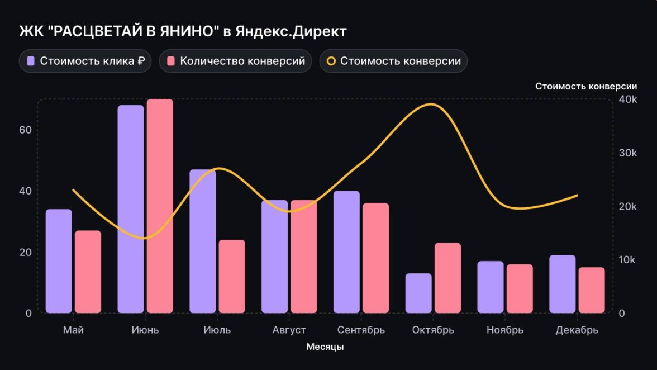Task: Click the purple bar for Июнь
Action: (x=131, y=209)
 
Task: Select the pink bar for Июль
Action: (x=232, y=276)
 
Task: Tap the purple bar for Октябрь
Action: (x=418, y=293)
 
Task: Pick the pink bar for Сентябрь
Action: (x=375, y=258)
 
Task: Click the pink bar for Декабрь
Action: (x=592, y=290)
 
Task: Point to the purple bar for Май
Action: (x=59, y=261)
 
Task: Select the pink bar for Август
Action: (x=304, y=257)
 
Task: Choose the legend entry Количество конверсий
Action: (x=235, y=61)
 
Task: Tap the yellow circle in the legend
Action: (x=331, y=61)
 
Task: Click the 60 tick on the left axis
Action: (x=26, y=130)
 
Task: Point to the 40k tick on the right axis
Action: (x=628, y=99)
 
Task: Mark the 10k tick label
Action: (x=628, y=260)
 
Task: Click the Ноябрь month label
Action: (x=505, y=330)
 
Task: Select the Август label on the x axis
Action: (x=289, y=330)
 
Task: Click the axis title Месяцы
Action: (x=325, y=347)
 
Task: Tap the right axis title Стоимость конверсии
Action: (x=586, y=86)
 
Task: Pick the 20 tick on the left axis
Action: (x=26, y=252)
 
